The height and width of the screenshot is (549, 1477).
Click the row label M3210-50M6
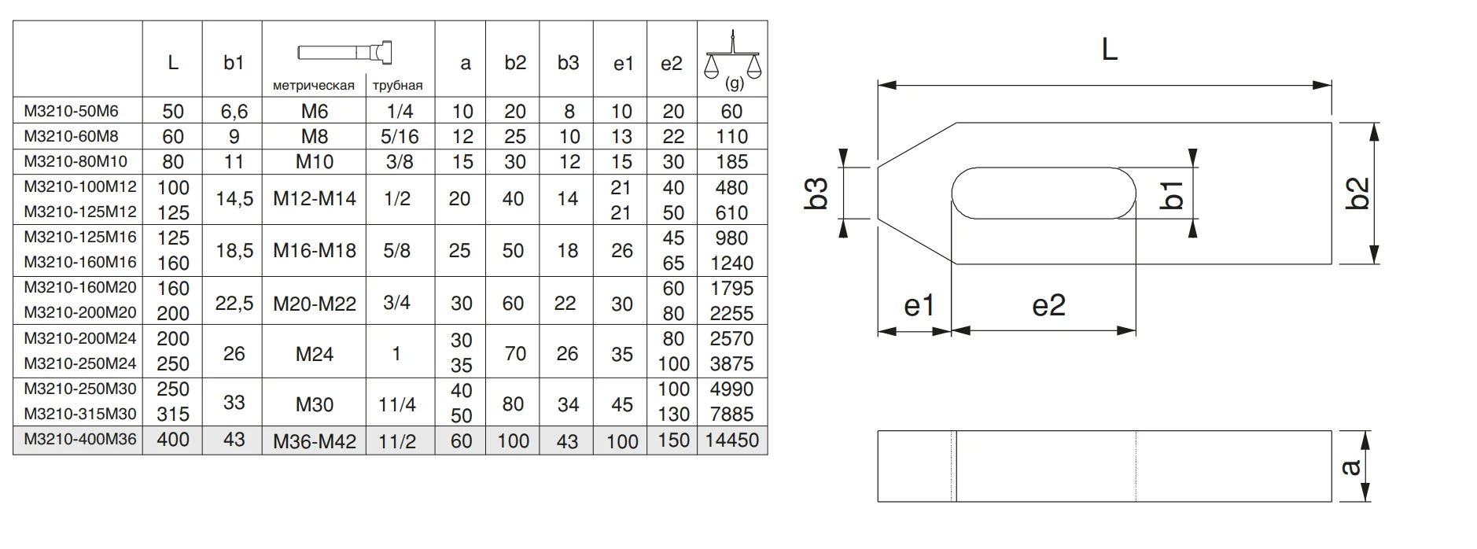[71, 111]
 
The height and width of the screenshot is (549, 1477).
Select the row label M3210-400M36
[80, 439]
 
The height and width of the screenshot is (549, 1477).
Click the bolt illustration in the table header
[345, 53]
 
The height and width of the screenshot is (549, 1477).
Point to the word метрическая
[313, 86]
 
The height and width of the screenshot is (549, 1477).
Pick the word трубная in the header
[397, 86]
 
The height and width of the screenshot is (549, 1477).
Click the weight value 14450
[731, 440]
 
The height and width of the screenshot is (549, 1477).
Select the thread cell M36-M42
[315, 441]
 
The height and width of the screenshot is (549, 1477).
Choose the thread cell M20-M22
[315, 304]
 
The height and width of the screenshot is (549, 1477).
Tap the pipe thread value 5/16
[400, 136]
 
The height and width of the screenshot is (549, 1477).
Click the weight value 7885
[731, 414]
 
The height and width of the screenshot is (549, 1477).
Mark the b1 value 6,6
[234, 112]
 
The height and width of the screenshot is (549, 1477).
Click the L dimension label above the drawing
[1108, 50]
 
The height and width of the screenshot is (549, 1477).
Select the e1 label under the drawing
[918, 305]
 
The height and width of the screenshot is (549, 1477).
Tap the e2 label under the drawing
[1048, 305]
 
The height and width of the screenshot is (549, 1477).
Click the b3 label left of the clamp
[817, 193]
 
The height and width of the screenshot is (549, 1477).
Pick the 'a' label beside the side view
[1350, 467]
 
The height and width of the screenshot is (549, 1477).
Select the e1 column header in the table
[623, 64]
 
